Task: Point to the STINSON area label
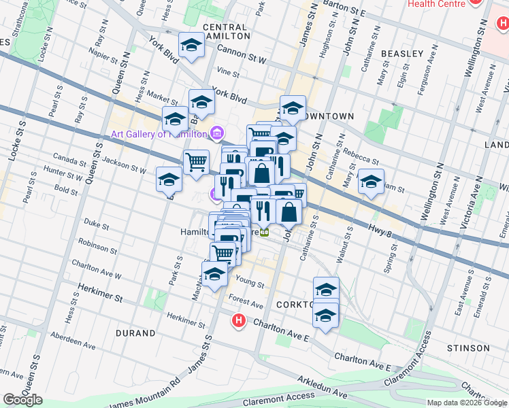(x=469, y=347)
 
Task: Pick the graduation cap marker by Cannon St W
(x=191, y=46)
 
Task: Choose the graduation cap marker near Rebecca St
(x=371, y=182)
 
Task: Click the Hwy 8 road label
(x=380, y=231)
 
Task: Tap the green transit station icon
(x=267, y=231)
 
